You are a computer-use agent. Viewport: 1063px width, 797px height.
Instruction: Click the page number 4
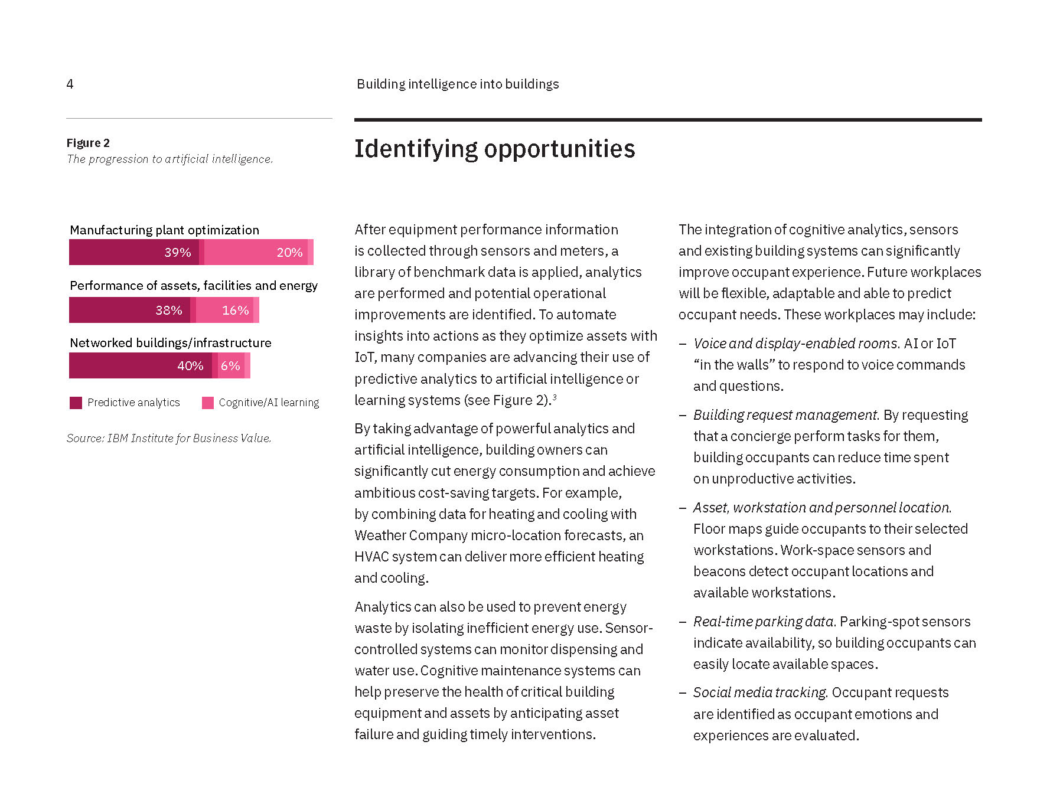(x=70, y=84)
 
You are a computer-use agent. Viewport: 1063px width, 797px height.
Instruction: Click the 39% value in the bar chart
(x=177, y=253)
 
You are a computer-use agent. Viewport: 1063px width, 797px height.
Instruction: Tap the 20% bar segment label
(x=289, y=253)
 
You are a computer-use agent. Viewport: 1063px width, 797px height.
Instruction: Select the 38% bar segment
(x=168, y=311)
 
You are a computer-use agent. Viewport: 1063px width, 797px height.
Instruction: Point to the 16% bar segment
(x=235, y=311)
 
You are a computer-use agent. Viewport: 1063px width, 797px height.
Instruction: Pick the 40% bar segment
(x=190, y=366)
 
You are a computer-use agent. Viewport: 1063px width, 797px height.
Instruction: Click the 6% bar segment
(x=230, y=366)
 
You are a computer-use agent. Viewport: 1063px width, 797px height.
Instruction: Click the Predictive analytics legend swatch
(x=76, y=403)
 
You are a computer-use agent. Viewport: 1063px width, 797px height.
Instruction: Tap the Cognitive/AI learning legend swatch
(x=207, y=403)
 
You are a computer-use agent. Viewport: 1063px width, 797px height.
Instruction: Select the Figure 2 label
(x=88, y=143)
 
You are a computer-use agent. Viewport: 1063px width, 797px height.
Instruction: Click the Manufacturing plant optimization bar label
(x=164, y=230)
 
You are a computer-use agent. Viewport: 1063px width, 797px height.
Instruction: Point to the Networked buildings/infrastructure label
(x=170, y=343)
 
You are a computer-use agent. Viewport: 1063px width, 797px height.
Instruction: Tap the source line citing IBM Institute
(x=169, y=438)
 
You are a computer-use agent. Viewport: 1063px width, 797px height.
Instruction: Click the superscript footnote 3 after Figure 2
(x=555, y=397)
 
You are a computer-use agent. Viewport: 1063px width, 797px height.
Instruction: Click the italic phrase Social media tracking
(x=760, y=693)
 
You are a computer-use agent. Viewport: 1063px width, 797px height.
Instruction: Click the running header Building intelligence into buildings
(x=458, y=84)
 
